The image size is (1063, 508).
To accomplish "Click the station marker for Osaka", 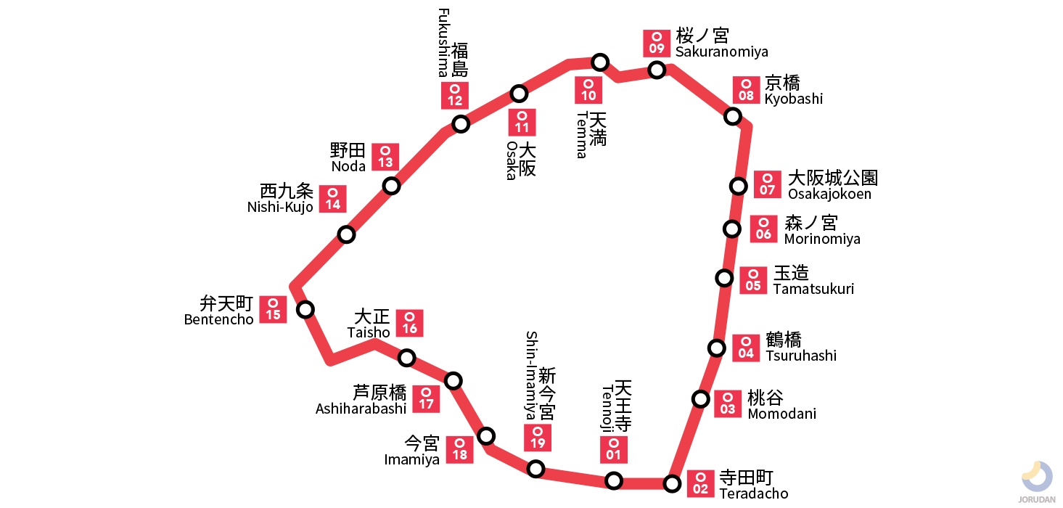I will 519,93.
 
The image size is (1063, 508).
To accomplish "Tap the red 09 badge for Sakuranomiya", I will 657,44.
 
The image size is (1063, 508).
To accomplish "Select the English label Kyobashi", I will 793,99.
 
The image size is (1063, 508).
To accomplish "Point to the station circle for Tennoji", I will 614,480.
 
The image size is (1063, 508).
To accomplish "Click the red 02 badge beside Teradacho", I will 701,483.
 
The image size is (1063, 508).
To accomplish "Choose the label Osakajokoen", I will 829,194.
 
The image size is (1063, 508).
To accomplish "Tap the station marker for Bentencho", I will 305,309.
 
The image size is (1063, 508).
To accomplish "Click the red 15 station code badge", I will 273,309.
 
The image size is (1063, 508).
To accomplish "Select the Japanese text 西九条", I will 287,192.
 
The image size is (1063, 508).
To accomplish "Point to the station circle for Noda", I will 392,186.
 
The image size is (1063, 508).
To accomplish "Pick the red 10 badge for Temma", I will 588,90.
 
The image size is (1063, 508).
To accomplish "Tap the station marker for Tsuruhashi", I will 716,348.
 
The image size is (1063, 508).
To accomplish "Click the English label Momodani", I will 781,414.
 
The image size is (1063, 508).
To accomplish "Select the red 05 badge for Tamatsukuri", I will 753,280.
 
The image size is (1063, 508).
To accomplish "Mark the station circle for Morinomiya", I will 732,229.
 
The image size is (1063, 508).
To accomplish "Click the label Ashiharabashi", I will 361,409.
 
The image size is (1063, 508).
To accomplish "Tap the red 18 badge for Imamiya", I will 460,449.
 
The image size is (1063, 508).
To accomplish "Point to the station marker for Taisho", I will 407,357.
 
